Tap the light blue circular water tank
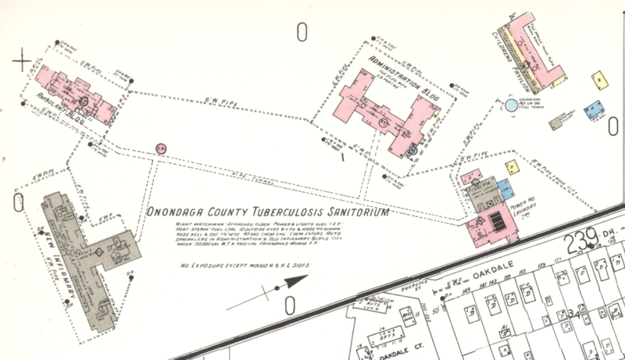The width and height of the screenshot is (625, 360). [510, 104]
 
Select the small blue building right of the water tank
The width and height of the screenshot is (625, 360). [596, 109]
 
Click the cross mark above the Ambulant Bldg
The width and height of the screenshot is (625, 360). [22, 59]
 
